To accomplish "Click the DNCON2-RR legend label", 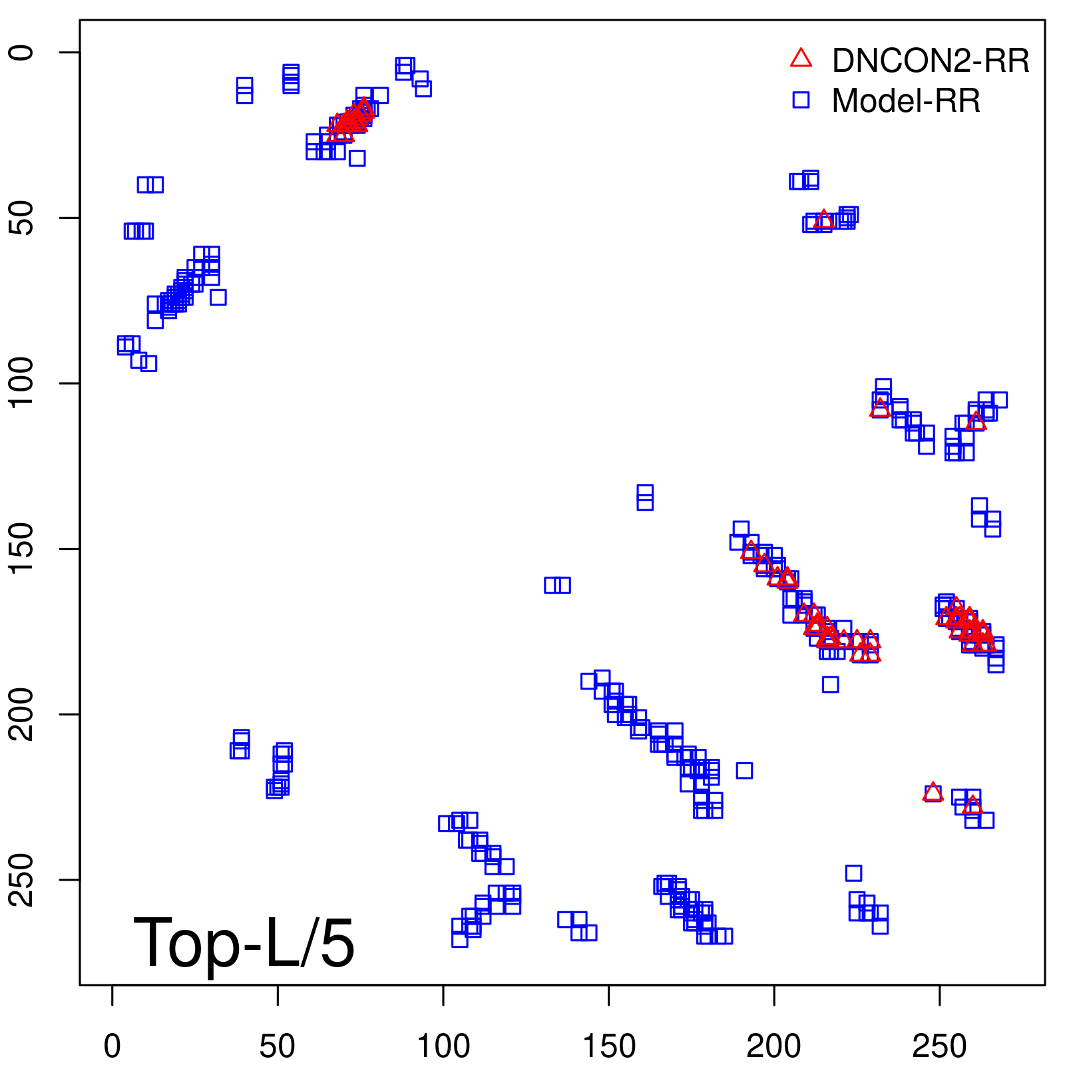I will click(930, 61).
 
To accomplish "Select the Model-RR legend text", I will click(906, 101).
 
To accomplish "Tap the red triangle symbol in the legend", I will click(801, 59).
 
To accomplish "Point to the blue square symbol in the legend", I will click(801, 100).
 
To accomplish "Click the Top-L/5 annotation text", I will click(244, 943).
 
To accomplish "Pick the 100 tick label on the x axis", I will click(443, 1046).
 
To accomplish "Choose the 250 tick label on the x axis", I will click(939, 1046).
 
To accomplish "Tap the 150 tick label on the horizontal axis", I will click(609, 1046).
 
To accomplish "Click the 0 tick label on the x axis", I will click(112, 1046).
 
